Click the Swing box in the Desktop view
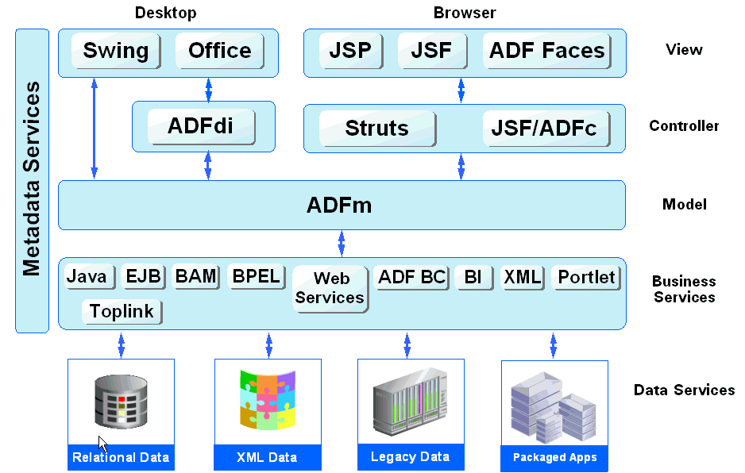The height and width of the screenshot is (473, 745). coord(116,51)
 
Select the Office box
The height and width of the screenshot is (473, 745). coord(219,51)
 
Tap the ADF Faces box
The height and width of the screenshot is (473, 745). coord(546,51)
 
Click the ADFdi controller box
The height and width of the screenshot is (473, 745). coord(200,126)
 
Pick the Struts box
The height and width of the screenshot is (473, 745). coord(377,129)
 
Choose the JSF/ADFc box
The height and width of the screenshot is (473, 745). coord(544,129)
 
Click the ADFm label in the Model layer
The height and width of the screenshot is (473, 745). coord(339,206)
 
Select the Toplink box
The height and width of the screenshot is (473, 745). coord(122,311)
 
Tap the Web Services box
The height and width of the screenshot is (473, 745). coord(330,289)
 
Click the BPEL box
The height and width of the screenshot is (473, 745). coord(255,276)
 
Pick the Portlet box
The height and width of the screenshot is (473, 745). coord(585,277)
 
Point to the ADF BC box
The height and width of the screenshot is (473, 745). coord(411,277)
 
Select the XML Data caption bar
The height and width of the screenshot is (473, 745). coord(267,457)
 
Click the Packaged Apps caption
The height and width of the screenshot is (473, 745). coord(554,457)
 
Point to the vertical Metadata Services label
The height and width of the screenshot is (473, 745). coord(32,180)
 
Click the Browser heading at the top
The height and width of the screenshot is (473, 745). coord(465,13)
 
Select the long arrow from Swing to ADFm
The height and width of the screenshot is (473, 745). coord(95,128)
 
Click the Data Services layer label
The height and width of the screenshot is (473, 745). coord(684,390)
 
